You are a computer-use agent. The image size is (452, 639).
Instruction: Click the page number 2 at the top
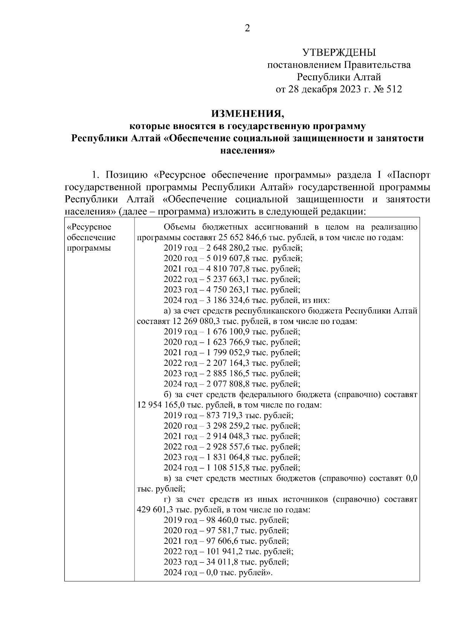point(247,29)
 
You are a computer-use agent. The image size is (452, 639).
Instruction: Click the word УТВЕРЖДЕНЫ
point(339,52)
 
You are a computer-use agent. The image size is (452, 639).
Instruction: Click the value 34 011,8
point(222,562)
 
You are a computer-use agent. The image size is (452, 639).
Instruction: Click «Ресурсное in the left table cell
point(89,227)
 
